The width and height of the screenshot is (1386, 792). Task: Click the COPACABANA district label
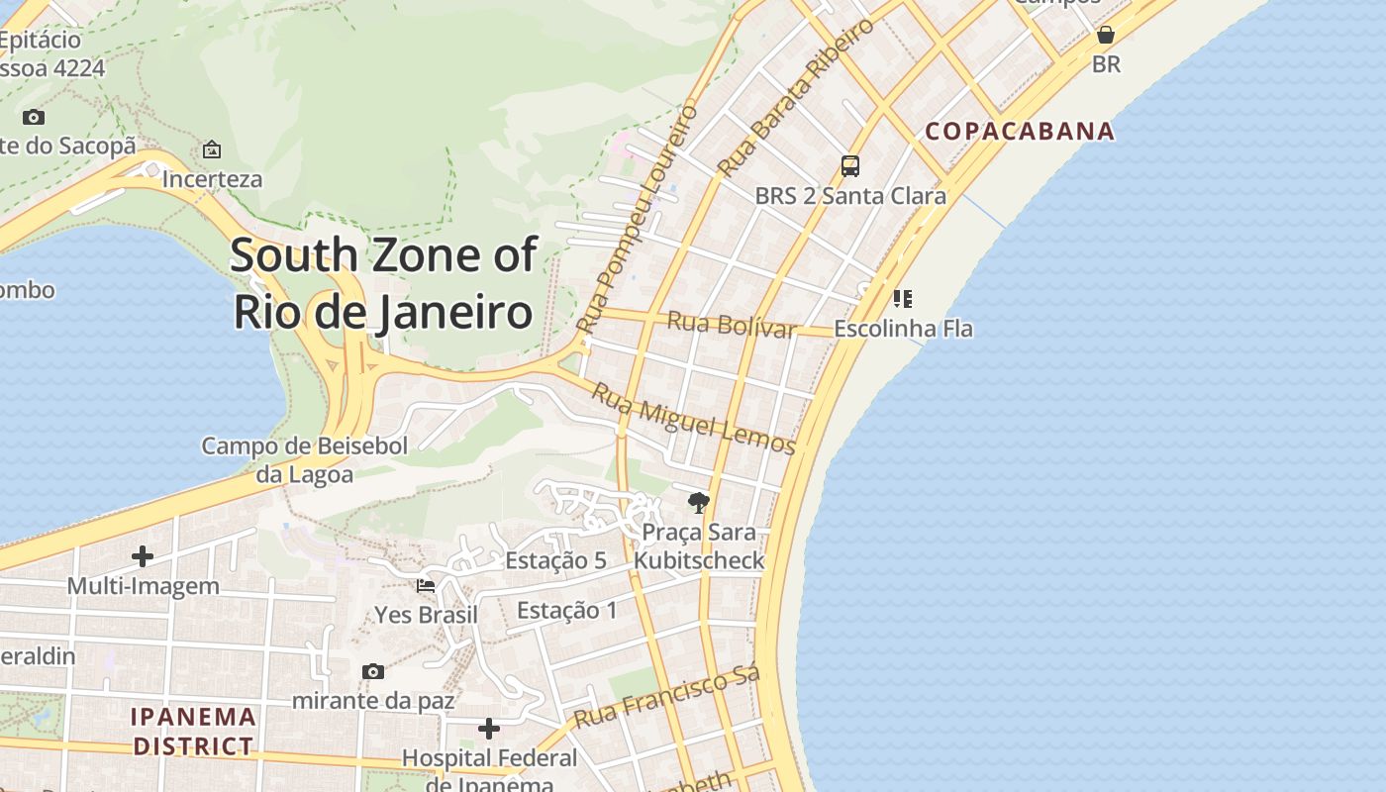(x=1020, y=131)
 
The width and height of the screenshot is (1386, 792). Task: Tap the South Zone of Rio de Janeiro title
(x=384, y=283)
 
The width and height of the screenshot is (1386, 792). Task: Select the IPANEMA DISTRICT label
(x=194, y=731)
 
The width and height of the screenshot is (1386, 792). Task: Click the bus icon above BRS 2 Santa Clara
(x=849, y=165)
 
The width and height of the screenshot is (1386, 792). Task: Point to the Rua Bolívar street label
(x=732, y=325)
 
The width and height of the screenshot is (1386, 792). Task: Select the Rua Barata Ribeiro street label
(x=796, y=97)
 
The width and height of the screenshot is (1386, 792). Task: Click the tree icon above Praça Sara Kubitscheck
(x=699, y=502)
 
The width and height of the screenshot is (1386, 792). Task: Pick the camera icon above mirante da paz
(x=373, y=671)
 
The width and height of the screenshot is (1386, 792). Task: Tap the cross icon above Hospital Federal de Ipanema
(x=488, y=729)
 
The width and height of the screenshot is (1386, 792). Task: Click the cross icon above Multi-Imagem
(x=143, y=556)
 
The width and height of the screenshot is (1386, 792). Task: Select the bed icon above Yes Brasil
(x=426, y=585)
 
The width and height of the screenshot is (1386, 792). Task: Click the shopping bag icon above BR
(x=1106, y=36)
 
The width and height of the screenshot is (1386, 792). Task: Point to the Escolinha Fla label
(x=903, y=329)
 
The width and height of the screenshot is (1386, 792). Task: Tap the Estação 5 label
(x=555, y=560)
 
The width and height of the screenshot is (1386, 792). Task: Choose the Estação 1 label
(x=566, y=610)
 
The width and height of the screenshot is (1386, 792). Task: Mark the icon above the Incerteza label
(x=212, y=150)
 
